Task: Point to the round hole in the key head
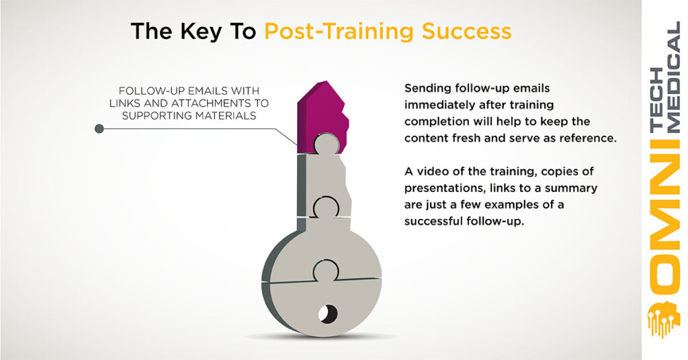pos(328,314)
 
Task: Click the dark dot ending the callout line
pos(99,128)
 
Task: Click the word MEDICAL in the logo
pos(673,77)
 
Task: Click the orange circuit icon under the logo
pos(664,318)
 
